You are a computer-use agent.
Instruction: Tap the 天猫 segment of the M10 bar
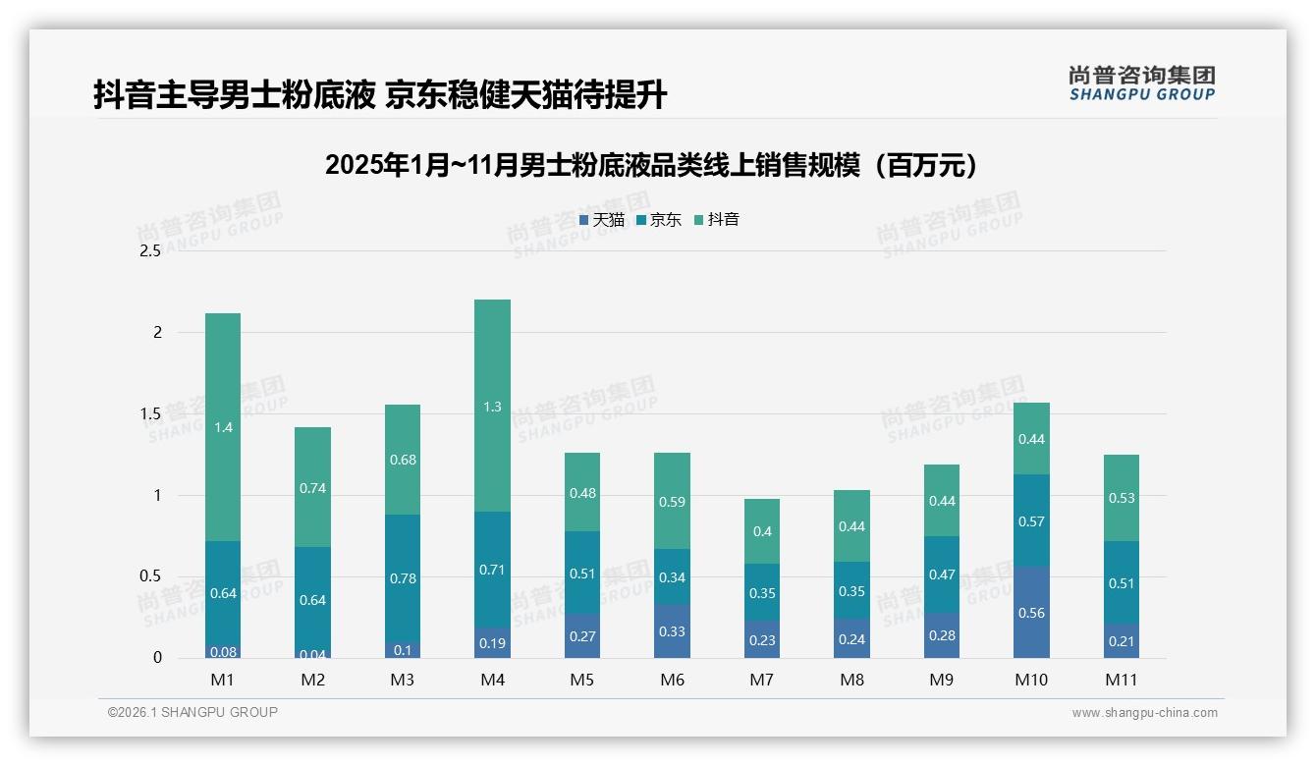pyautogui.click(x=1032, y=613)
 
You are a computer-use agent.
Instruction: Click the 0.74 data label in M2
pyautogui.click(x=312, y=488)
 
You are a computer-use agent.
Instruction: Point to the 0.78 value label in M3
pyautogui.click(x=403, y=578)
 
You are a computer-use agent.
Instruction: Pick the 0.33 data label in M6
pyautogui.click(x=672, y=631)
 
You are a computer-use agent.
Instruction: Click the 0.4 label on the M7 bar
pyautogui.click(x=762, y=531)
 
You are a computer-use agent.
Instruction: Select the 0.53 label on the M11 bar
pyautogui.click(x=1122, y=498)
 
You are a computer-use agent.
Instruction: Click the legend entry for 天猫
pyautogui.click(x=602, y=220)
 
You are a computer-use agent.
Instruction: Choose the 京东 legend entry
pyautogui.click(x=659, y=220)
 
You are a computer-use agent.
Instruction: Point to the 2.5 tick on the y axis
pyautogui.click(x=149, y=250)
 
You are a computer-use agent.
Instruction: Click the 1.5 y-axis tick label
pyautogui.click(x=149, y=413)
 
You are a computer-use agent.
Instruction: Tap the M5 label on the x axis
pyautogui.click(x=582, y=680)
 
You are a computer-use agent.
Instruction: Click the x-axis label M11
pyautogui.click(x=1122, y=680)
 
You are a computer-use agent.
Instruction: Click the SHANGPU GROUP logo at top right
pyautogui.click(x=1141, y=83)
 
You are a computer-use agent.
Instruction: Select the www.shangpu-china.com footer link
pyautogui.click(x=1144, y=713)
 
